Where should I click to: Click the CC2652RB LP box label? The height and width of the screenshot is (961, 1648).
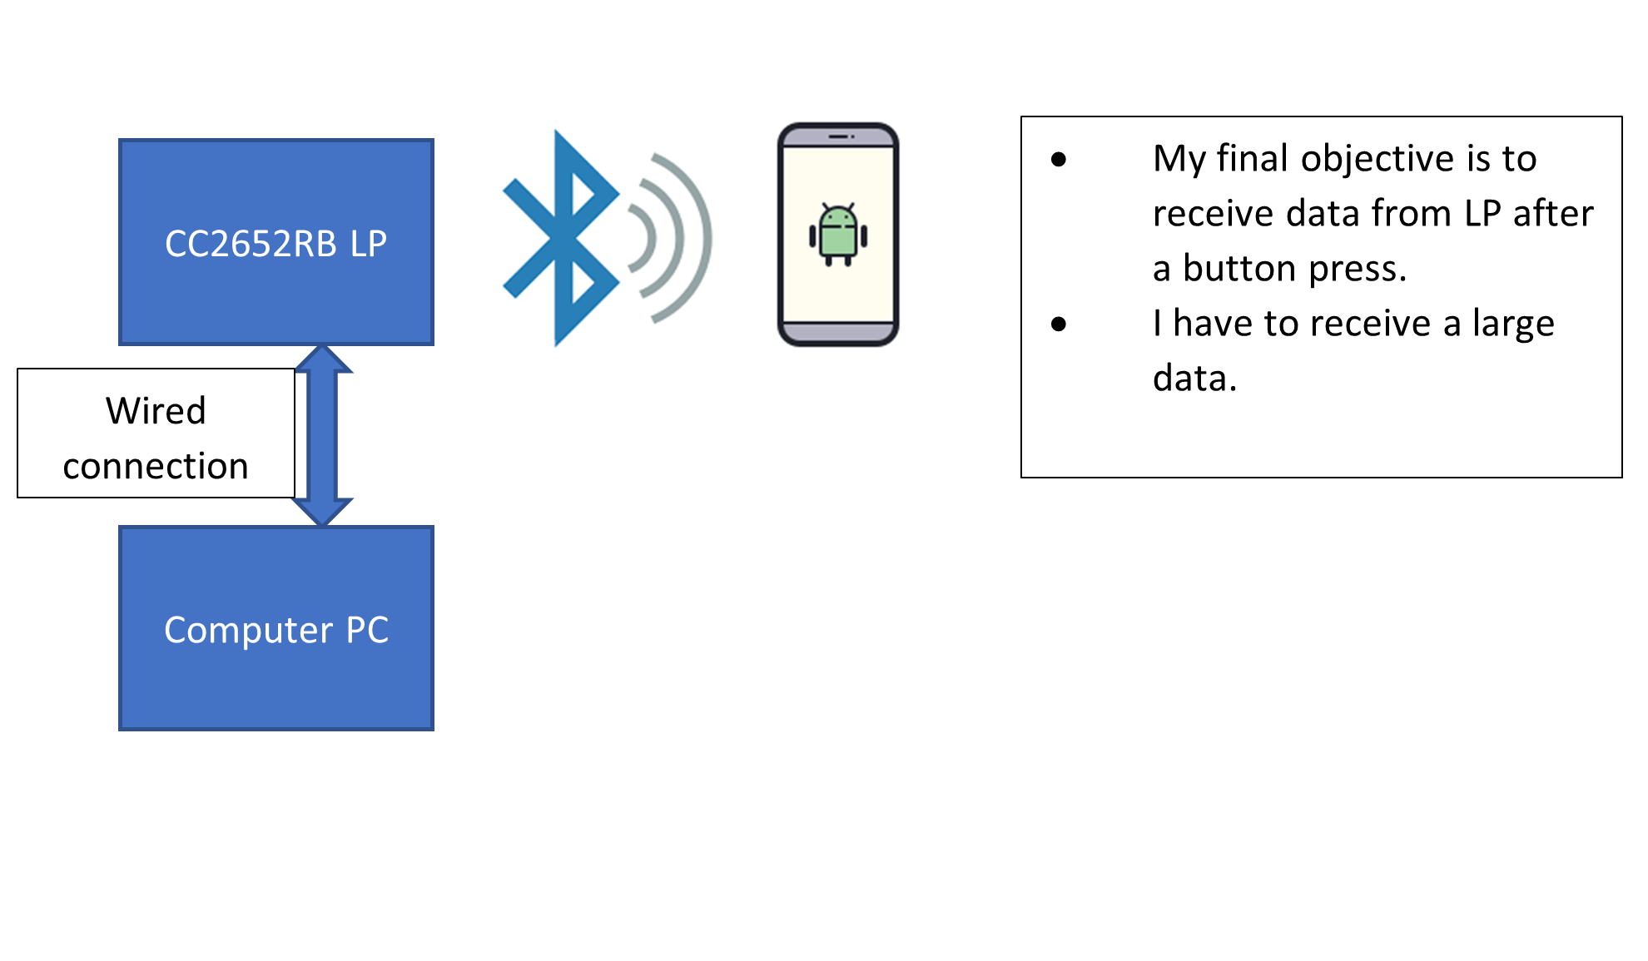(275, 244)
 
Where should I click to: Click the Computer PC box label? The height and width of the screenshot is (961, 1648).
(276, 630)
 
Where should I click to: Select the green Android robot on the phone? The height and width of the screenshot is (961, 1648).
(838, 235)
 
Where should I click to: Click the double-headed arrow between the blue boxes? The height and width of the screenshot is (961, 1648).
(322, 435)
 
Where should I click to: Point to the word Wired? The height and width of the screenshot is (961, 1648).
(156, 411)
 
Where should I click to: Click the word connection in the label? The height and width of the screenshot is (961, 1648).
(156, 466)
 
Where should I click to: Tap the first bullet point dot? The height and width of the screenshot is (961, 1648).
(1059, 160)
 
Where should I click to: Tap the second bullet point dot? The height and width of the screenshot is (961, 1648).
(1059, 324)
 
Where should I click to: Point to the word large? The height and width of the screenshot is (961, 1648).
(1512, 324)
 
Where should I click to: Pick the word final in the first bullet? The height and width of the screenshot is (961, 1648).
(1252, 158)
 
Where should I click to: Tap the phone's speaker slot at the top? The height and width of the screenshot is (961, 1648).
(838, 136)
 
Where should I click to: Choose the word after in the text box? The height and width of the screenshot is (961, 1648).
(1552, 214)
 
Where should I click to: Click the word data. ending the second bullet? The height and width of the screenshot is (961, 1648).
(1194, 379)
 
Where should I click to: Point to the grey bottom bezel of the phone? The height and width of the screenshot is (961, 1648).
(838, 333)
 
